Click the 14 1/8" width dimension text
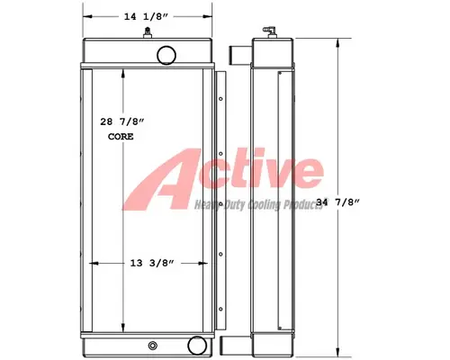click(148, 15)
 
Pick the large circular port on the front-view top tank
click(166, 56)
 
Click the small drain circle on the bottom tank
click(150, 344)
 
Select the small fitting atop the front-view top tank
click(146, 33)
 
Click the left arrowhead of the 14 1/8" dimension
click(85, 15)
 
